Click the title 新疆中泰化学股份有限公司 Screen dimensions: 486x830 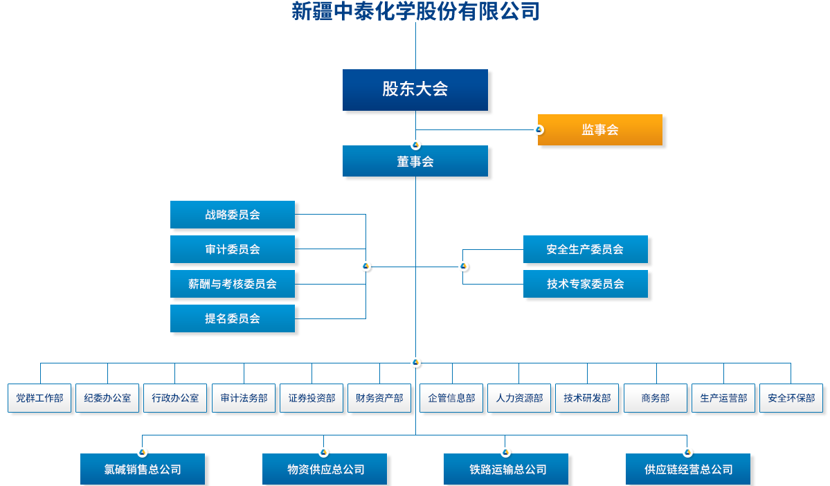(415, 12)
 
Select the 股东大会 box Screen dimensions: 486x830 (415, 89)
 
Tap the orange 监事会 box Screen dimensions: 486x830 (599, 129)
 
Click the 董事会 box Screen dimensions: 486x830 (415, 161)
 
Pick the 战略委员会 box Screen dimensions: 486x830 (233, 215)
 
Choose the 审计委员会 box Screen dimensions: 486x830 (233, 249)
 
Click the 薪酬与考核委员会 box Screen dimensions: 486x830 (233, 284)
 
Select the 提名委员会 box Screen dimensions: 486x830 (233, 318)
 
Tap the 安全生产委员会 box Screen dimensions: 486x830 (585, 249)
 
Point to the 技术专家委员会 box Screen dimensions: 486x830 (585, 284)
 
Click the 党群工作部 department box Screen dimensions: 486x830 (39, 398)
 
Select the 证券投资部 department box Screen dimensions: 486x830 (312, 398)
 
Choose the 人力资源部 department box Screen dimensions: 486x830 (519, 398)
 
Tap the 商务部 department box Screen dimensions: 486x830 (656, 398)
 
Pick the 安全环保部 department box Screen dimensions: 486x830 (791, 398)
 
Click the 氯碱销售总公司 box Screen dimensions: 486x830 (143, 469)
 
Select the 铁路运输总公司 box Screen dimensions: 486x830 (506, 469)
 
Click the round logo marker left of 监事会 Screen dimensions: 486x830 (539, 129)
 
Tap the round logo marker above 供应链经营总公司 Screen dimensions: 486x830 (687, 452)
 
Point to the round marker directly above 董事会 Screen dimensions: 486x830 (415, 145)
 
